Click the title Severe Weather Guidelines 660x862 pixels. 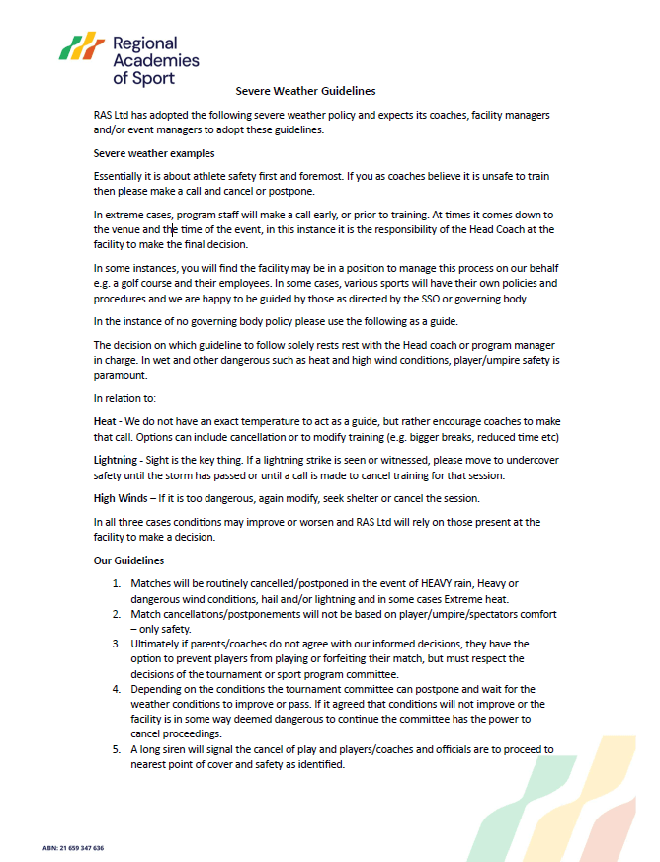click(x=305, y=91)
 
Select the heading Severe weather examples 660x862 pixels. click(x=153, y=153)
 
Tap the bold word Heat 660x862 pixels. click(x=106, y=422)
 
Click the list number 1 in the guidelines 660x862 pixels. click(x=117, y=583)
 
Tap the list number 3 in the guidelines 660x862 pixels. click(x=117, y=645)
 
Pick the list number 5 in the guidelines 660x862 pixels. click(x=117, y=749)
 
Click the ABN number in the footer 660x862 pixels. click(x=73, y=848)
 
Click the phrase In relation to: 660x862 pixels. click(x=124, y=398)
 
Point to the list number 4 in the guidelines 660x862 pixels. click(x=117, y=688)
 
